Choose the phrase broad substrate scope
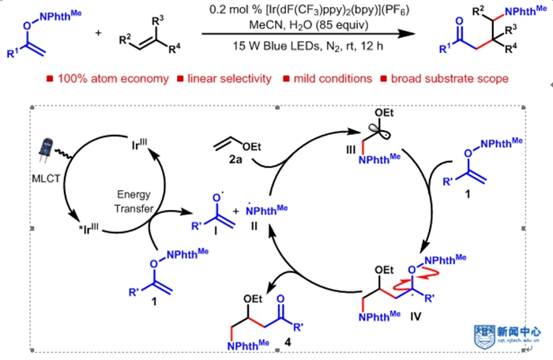[445, 80]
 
